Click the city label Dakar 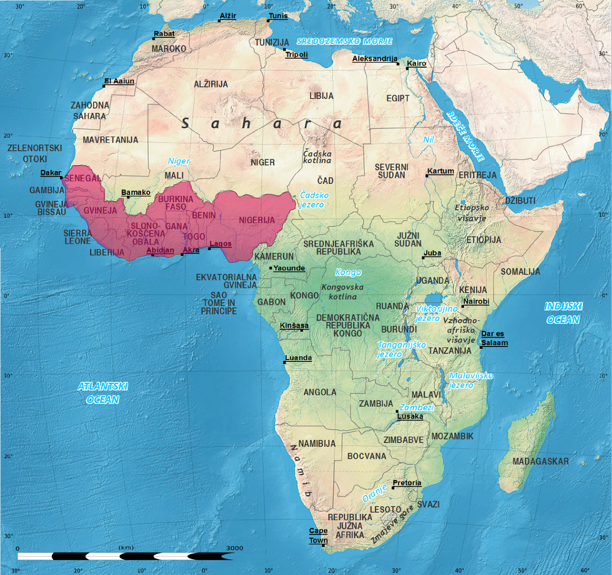pyautogui.click(x=51, y=172)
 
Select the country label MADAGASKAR pyautogui.click(x=541, y=461)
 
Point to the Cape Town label pyautogui.click(x=319, y=536)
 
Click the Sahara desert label pyautogui.click(x=262, y=124)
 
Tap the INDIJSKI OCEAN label pyautogui.click(x=563, y=313)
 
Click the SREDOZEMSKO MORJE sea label pyautogui.click(x=344, y=41)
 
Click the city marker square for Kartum pyautogui.click(x=427, y=176)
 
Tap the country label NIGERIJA pyautogui.click(x=256, y=220)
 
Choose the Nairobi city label pyautogui.click(x=476, y=302)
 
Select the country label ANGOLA pyautogui.click(x=320, y=392)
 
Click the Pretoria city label pyautogui.click(x=407, y=483)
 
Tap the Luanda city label pyautogui.click(x=299, y=358)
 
